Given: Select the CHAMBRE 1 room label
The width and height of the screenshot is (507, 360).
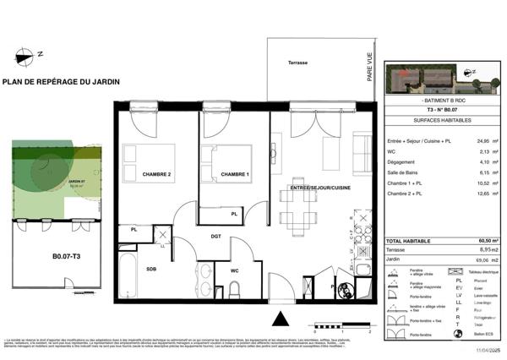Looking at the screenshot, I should click(235, 175).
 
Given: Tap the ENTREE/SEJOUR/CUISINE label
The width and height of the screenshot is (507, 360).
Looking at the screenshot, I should click(319, 187).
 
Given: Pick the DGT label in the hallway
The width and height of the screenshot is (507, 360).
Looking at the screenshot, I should click(216, 237).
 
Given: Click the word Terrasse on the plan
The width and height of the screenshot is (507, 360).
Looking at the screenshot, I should click(297, 63).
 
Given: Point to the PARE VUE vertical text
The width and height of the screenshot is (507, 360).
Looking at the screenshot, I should click(370, 67).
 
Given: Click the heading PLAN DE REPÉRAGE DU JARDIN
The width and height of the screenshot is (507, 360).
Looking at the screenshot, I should click(61, 81).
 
